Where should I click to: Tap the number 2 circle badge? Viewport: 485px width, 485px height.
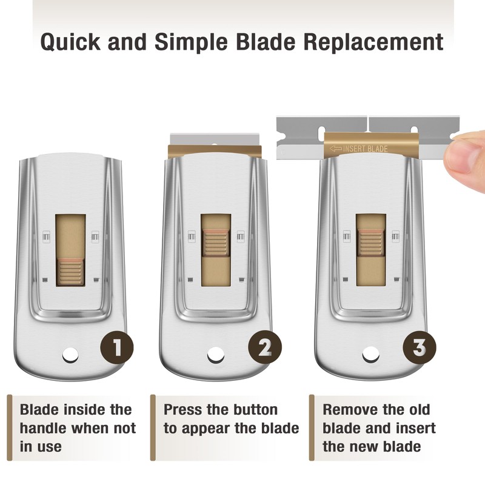[x=265, y=347]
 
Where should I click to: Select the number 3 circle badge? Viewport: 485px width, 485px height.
[x=420, y=347]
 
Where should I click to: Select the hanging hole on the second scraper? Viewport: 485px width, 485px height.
[x=215, y=353]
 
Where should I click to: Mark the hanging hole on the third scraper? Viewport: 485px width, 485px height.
[x=370, y=353]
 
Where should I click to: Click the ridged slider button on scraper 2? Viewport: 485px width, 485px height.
[x=215, y=241]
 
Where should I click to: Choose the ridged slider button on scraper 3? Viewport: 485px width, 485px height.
[x=370, y=241]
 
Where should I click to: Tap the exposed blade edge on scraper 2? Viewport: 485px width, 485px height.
[x=215, y=139]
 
